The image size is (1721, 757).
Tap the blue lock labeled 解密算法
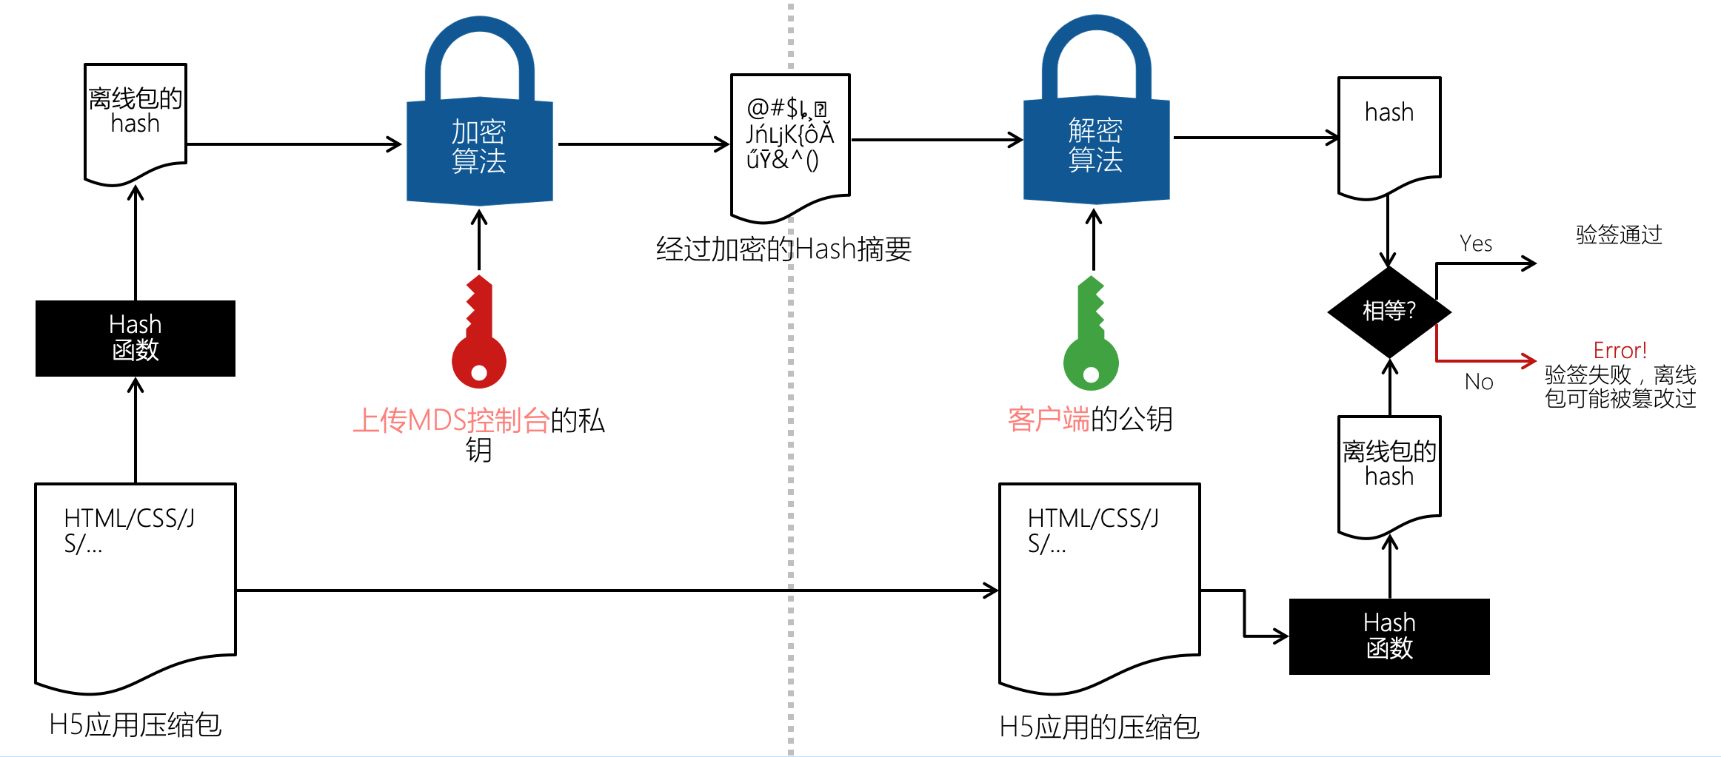(x=1096, y=145)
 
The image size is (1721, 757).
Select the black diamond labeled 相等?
(x=1389, y=311)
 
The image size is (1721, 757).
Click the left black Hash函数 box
(x=136, y=338)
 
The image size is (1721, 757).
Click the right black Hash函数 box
(x=1389, y=636)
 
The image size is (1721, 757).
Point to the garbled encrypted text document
(x=790, y=141)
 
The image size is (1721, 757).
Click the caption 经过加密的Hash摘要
(x=783, y=249)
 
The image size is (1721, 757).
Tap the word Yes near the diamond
(x=1475, y=243)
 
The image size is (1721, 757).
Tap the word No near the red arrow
(x=1479, y=382)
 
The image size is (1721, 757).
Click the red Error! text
(x=1620, y=350)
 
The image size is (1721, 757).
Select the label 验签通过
(x=1619, y=235)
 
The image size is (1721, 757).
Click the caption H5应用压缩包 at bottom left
(x=136, y=724)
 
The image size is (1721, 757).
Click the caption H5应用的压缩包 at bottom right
(x=1099, y=727)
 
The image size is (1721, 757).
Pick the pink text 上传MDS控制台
(x=451, y=420)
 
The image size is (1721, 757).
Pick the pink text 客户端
(x=1049, y=420)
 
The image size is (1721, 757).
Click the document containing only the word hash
(x=1389, y=133)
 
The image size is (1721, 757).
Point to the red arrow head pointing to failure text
(x=1530, y=360)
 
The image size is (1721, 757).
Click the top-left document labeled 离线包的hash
(x=136, y=118)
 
